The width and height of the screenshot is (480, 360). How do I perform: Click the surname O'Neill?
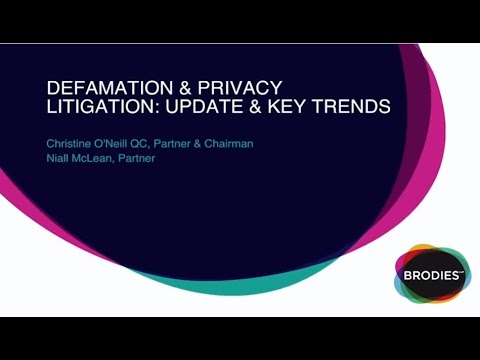[131, 143]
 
